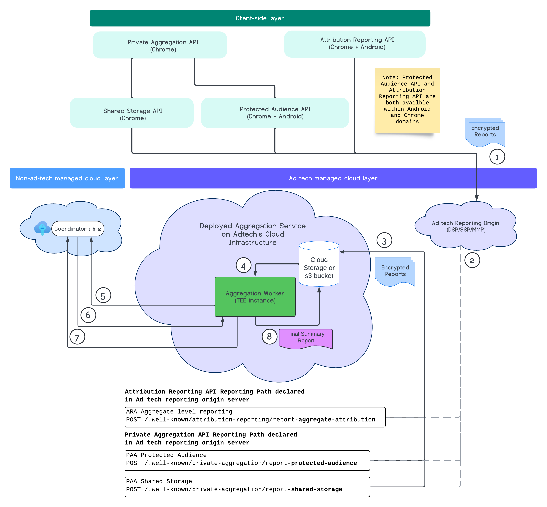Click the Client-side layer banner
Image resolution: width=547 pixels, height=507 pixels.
(260, 18)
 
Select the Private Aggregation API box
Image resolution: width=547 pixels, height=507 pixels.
(160, 45)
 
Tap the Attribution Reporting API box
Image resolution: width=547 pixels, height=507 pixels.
(355, 44)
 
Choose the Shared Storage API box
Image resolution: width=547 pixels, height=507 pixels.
(132, 113)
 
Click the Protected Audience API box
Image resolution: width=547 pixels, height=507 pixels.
(275, 113)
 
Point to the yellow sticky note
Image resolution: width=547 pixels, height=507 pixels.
(407, 100)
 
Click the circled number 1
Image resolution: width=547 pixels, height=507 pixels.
(497, 157)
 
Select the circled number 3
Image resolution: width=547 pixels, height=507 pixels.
(384, 241)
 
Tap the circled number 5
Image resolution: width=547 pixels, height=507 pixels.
(103, 296)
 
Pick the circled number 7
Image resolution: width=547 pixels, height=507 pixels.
(77, 337)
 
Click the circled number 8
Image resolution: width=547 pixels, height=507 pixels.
(269, 337)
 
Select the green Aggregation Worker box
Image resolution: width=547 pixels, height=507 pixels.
(255, 297)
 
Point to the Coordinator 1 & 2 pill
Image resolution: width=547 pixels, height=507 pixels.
(78, 229)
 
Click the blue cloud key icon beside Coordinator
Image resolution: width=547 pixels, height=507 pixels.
(42, 228)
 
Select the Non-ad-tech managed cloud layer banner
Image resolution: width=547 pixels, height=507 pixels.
(67, 178)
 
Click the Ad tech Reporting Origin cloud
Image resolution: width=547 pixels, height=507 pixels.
(465, 226)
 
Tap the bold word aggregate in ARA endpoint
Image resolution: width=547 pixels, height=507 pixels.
(315, 420)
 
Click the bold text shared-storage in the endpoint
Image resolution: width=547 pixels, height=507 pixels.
(316, 489)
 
